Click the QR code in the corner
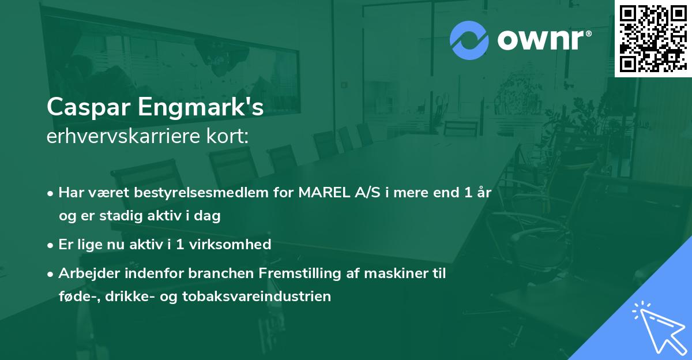point(653,38)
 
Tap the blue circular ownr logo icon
point(469,40)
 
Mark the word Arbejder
point(84,273)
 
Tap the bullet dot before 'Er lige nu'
point(51,245)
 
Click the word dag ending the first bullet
point(209,216)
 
